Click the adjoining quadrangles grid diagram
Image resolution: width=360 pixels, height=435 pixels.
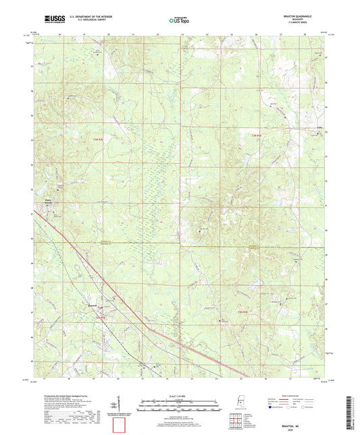tap(234, 415)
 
